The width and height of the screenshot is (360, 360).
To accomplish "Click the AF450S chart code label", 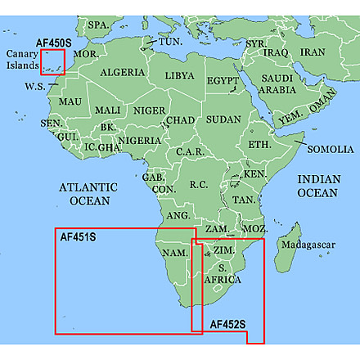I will point(56,42).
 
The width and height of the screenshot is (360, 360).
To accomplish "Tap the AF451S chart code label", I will point(79,237).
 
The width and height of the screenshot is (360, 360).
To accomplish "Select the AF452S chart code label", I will point(227,324).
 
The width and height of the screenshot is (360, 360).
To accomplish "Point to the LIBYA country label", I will point(180,75).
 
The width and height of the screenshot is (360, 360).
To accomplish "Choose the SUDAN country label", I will point(223,119).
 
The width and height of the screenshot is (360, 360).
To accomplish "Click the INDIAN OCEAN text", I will point(317,186).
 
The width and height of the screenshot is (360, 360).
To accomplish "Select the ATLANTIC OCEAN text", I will point(88,193).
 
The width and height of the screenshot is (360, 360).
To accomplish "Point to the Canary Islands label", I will point(21,60).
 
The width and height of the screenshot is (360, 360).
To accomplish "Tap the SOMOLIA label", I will point(331,149).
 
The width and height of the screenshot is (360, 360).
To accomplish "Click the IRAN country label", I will point(313,52).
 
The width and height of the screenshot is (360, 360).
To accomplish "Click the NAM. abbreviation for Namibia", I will point(175,253).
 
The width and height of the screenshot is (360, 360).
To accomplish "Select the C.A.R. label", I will point(189,152).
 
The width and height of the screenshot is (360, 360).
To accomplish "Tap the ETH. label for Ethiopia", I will point(259,144).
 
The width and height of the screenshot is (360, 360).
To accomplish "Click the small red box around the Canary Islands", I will point(53,61).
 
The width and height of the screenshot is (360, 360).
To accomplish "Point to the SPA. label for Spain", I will point(98,25).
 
